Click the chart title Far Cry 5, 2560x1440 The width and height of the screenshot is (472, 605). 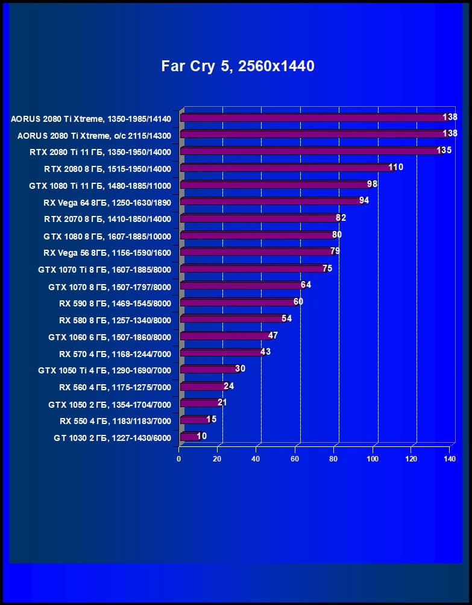coord(238,66)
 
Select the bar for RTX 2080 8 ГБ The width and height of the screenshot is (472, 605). coord(286,168)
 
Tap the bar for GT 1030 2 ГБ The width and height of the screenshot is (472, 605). coord(189,436)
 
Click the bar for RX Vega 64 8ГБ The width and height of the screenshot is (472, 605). coord(271,201)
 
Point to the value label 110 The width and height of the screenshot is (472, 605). coord(395,167)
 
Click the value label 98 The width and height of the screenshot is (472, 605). coord(372,183)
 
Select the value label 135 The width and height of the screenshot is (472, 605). coord(444,150)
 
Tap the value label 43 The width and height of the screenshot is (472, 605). coord(265,352)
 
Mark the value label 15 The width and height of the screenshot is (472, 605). coord(211,419)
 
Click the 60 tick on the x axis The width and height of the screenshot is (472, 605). coord(295,459)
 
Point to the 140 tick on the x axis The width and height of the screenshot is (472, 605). coord(449,459)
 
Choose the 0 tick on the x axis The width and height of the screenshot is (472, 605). coord(179,459)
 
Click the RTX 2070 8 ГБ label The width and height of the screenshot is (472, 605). coord(107,219)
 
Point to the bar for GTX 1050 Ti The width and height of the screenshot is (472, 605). coord(209,369)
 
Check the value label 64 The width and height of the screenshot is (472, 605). coord(306,285)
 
